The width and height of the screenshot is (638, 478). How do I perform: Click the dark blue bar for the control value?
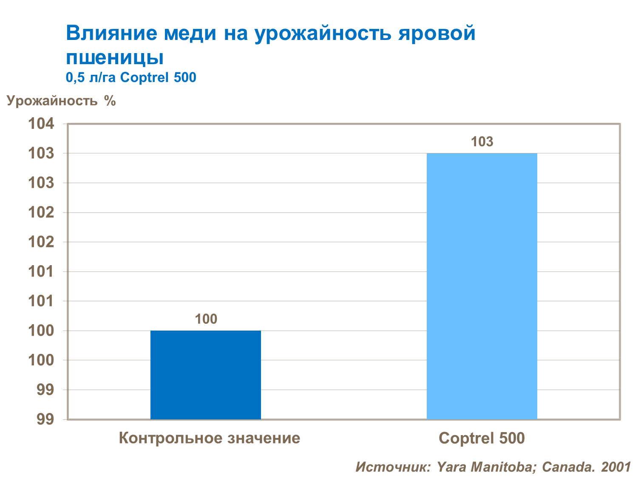point(206,375)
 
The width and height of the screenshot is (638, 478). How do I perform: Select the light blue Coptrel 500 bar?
point(482,286)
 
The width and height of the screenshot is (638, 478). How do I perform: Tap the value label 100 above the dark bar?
point(206,319)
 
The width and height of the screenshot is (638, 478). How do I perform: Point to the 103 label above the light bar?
point(482,141)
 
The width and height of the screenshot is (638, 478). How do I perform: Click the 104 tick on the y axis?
point(41,124)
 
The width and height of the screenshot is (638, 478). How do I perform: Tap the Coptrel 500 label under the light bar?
point(482,438)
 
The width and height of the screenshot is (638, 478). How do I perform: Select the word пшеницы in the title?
point(115,57)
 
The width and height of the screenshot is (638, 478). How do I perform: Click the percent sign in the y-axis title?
point(110,101)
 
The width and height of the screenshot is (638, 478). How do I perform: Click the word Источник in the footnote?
point(393,467)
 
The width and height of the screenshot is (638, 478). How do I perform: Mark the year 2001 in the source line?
point(615,467)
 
